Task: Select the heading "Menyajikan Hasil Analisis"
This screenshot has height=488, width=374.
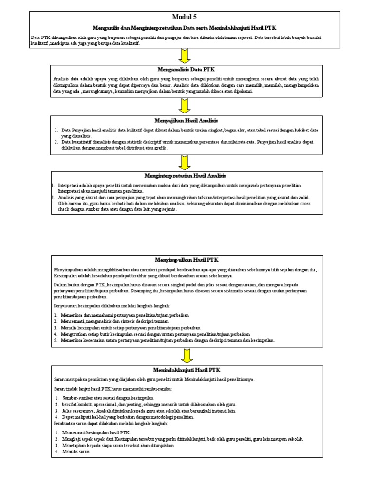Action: click(187, 120)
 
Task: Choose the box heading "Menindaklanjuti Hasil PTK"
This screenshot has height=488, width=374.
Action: click(187, 370)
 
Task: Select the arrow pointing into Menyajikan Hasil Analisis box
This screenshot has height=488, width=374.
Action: click(185, 106)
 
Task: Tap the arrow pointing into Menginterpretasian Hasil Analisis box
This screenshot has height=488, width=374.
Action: click(185, 162)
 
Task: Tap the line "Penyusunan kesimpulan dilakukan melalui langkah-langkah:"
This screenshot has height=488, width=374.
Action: click(112, 305)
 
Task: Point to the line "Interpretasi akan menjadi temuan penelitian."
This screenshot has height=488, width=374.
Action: click(97, 191)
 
